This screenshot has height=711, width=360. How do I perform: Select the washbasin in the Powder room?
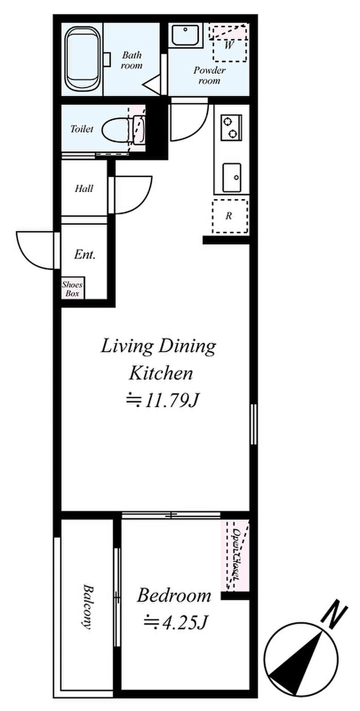tap(186, 35)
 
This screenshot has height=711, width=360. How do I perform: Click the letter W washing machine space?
tap(228, 45)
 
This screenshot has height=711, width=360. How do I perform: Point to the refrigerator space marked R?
tap(229, 216)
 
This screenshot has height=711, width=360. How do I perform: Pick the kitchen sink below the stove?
tap(231, 177)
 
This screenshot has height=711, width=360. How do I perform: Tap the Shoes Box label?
tap(73, 289)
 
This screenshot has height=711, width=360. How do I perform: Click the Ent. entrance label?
tap(85, 255)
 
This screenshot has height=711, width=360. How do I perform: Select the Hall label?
tap(84, 188)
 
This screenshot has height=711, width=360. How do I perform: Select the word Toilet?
tap(82, 129)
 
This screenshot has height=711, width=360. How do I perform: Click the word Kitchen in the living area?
tap(161, 374)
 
